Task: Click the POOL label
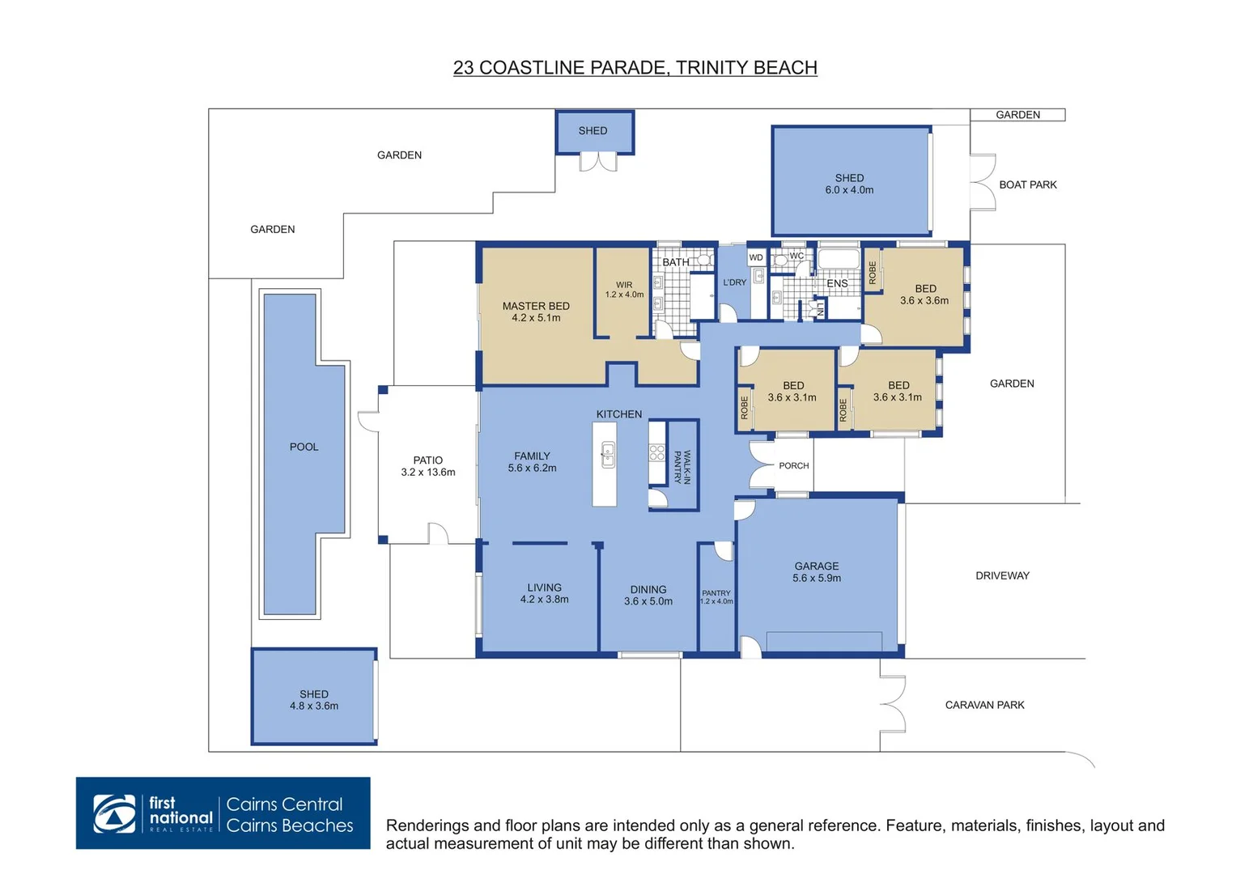pyautogui.click(x=304, y=447)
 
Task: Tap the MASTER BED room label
pyautogui.click(x=536, y=306)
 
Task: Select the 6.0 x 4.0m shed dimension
pyautogui.click(x=849, y=190)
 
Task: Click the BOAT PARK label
pyautogui.click(x=1027, y=185)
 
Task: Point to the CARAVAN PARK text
pyautogui.click(x=984, y=705)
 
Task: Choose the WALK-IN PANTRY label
pyautogui.click(x=682, y=467)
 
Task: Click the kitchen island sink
pyautogui.click(x=608, y=455)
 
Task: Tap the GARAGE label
pyautogui.click(x=817, y=566)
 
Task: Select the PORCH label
pyautogui.click(x=793, y=465)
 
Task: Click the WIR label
pyautogui.click(x=624, y=285)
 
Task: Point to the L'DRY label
pyautogui.click(x=734, y=282)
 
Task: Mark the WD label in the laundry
pyautogui.click(x=756, y=257)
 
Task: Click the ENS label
pyautogui.click(x=837, y=283)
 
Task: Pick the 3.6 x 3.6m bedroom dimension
pyautogui.click(x=924, y=301)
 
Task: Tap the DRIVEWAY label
pyautogui.click(x=1002, y=575)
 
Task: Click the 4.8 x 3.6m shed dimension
pyautogui.click(x=314, y=706)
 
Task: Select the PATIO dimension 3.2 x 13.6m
pyautogui.click(x=427, y=473)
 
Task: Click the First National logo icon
pyautogui.click(x=114, y=813)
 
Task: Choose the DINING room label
pyautogui.click(x=648, y=589)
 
